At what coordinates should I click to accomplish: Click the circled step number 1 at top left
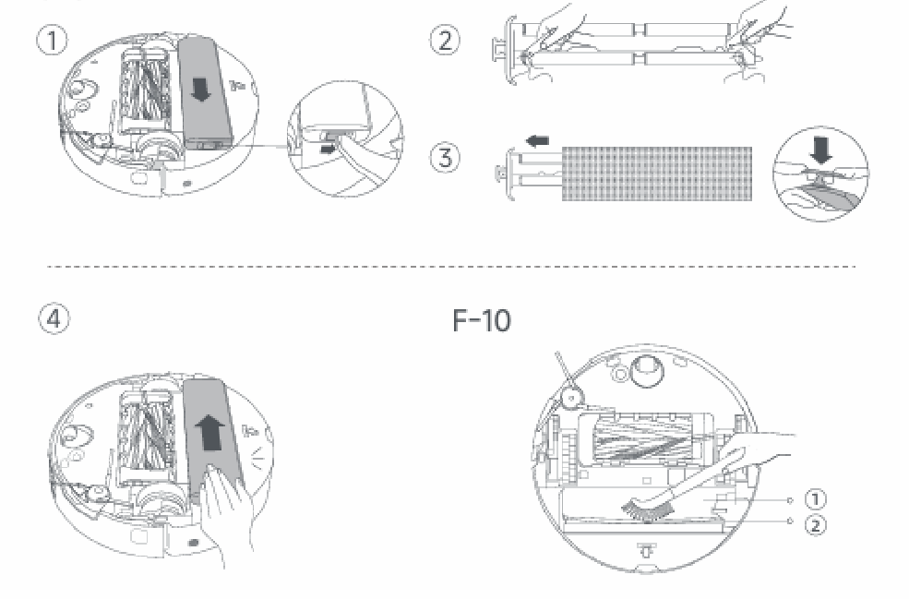click(x=53, y=42)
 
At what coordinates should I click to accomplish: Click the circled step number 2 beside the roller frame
click(x=445, y=41)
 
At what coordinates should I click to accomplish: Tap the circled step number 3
click(x=445, y=158)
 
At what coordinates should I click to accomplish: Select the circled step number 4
click(x=54, y=319)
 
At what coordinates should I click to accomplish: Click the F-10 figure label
click(x=481, y=320)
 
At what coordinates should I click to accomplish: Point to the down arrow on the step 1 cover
click(x=201, y=90)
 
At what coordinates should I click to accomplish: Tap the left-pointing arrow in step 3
click(x=537, y=141)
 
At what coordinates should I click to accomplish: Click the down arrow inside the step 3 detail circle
click(x=821, y=150)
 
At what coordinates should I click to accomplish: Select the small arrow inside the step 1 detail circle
click(x=328, y=150)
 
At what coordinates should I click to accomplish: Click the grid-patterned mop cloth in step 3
click(x=657, y=174)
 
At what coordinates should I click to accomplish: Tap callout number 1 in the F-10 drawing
click(x=815, y=499)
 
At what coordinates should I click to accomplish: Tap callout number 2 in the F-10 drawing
click(x=815, y=525)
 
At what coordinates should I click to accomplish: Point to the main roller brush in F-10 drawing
click(x=645, y=439)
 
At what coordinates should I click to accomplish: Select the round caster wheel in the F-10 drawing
click(x=645, y=370)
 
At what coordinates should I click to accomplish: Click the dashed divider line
click(x=451, y=267)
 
